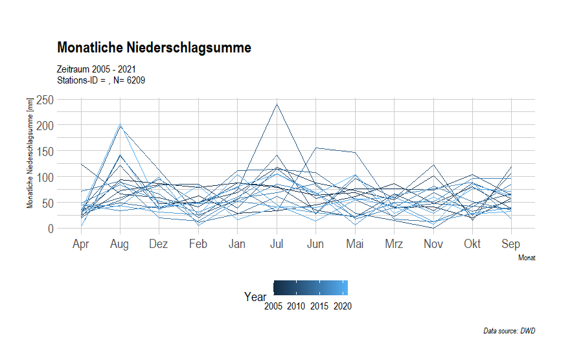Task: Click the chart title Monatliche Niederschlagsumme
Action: (x=154, y=47)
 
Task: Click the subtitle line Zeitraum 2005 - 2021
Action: (x=97, y=69)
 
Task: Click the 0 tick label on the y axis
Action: (x=49, y=229)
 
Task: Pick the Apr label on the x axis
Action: (x=81, y=244)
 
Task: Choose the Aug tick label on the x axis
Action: (x=120, y=244)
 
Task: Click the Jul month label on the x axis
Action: (x=277, y=244)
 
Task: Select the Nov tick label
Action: (x=433, y=244)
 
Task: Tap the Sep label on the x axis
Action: (x=512, y=244)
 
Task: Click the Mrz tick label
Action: (x=394, y=244)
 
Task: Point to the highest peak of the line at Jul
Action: (x=277, y=104)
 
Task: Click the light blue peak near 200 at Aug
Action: (x=120, y=125)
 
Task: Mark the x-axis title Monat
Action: (x=527, y=258)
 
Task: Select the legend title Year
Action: (x=255, y=297)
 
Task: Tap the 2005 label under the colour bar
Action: (x=275, y=306)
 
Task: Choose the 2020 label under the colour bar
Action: (x=343, y=306)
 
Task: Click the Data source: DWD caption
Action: (x=509, y=331)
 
